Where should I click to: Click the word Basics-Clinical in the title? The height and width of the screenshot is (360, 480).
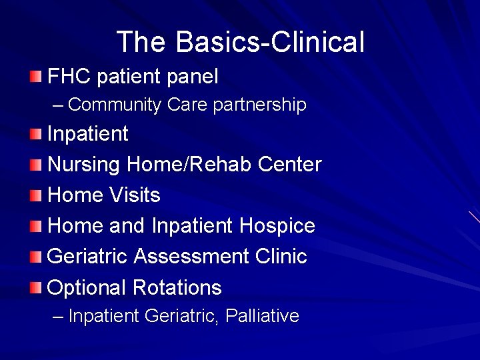coord(270,42)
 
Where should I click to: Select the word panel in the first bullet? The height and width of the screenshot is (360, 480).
coord(192,77)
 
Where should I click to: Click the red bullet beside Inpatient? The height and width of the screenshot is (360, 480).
coord(35,134)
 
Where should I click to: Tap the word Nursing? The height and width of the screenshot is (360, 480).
coord(85,164)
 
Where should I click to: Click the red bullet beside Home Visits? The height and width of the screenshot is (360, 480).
coord(35,195)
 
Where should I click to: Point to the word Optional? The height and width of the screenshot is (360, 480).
coord(87,288)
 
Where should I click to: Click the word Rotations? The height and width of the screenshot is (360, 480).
coord(177,288)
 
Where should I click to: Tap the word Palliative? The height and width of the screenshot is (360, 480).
coord(263,315)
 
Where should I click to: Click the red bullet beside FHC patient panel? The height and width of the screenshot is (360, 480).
coord(35,77)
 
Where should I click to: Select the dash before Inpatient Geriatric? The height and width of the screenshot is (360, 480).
coord(58,316)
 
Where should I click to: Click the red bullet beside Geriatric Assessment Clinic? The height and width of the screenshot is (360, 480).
coord(35,257)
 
